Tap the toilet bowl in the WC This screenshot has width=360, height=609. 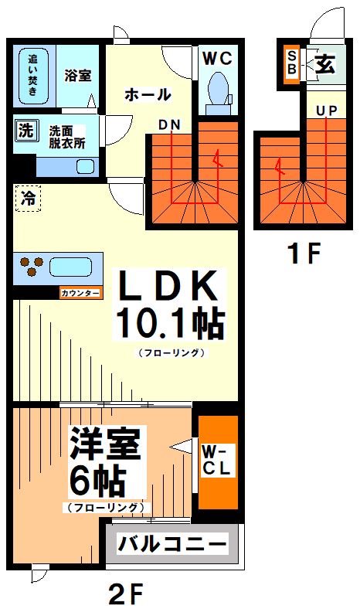point(217,89)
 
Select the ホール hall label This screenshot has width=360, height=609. point(147,95)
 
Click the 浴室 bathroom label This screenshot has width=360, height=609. point(77,77)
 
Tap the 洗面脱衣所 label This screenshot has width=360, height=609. point(67,137)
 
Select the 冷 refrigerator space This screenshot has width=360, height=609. point(27,198)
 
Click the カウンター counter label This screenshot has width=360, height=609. point(79,293)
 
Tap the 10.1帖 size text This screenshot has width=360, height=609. point(169,324)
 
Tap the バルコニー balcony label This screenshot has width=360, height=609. point(172,543)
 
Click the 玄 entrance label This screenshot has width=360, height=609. point(324,66)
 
